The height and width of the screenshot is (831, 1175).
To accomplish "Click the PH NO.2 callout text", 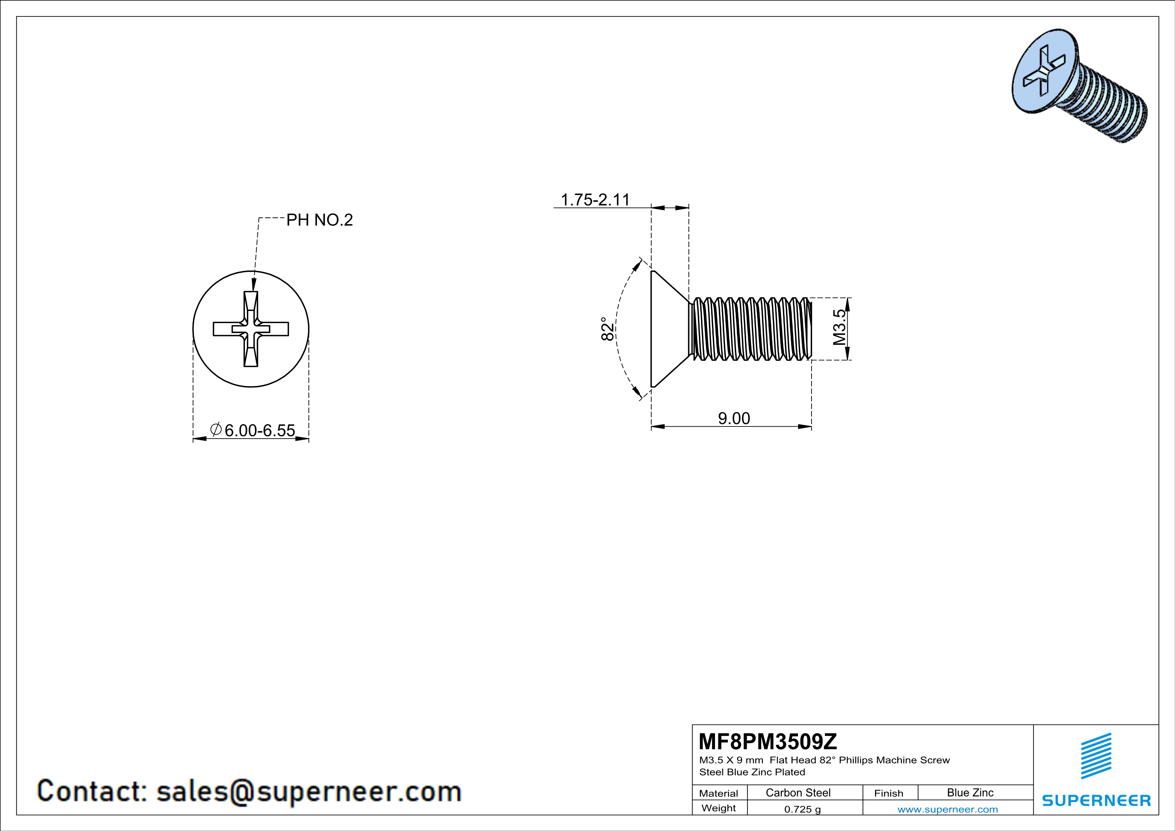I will coord(319,220).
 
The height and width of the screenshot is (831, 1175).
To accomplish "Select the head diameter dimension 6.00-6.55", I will coord(259,430).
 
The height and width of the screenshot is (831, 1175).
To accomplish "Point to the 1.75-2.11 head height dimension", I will coord(595,200).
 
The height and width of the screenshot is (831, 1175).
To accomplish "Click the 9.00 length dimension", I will coord(733,419).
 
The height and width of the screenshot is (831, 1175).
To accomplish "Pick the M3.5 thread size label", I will coord(839,327).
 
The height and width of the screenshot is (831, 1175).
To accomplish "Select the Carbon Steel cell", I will coord(798,792).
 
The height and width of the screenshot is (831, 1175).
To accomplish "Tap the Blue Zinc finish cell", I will coord(970,792).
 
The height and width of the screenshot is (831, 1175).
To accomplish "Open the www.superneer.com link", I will coord(947,809).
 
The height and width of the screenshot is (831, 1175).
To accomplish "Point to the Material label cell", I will coord(719,793).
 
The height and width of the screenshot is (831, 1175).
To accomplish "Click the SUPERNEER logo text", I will coord(1096,800).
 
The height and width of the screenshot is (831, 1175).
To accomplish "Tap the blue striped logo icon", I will coord(1096,756).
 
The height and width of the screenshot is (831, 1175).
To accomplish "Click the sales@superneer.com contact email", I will coord(309,791).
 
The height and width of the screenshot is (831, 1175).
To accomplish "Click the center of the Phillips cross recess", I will coord(251,329).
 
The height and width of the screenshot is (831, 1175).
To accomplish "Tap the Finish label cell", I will coord(889,793).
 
